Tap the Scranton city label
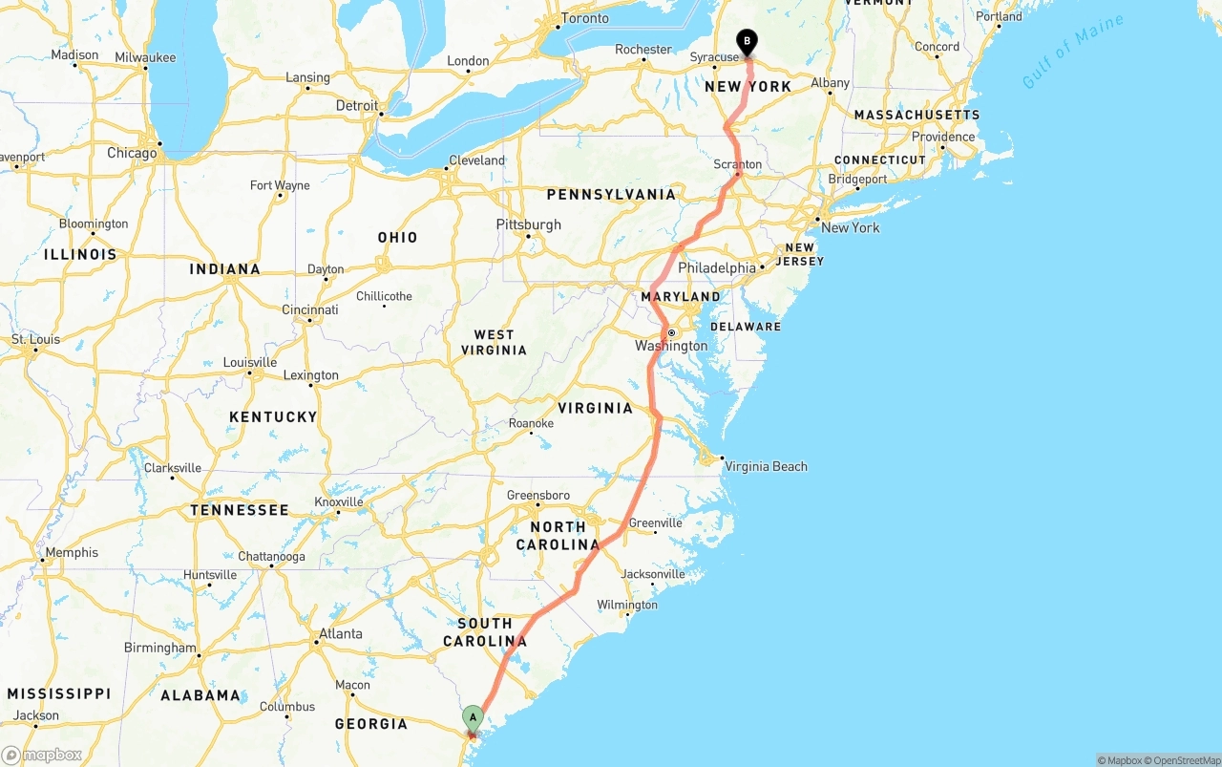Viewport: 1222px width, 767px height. (x=738, y=164)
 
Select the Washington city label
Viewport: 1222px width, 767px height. (x=671, y=346)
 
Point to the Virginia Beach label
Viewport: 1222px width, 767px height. (x=766, y=466)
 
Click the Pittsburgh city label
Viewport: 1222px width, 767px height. (x=529, y=224)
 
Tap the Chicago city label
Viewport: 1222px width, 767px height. (x=132, y=153)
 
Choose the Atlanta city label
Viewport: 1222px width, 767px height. (x=340, y=633)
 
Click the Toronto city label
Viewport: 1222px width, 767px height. (x=584, y=18)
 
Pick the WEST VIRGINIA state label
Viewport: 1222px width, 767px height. (x=494, y=342)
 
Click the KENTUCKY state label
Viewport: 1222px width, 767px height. (x=273, y=416)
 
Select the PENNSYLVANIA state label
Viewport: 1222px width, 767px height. (x=611, y=194)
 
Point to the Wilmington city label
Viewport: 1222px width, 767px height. (x=627, y=605)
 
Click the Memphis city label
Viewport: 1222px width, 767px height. (x=72, y=552)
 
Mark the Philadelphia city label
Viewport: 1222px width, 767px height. (x=717, y=267)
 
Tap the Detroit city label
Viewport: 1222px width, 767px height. (x=357, y=105)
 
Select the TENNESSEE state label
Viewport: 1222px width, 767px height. (x=239, y=510)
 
